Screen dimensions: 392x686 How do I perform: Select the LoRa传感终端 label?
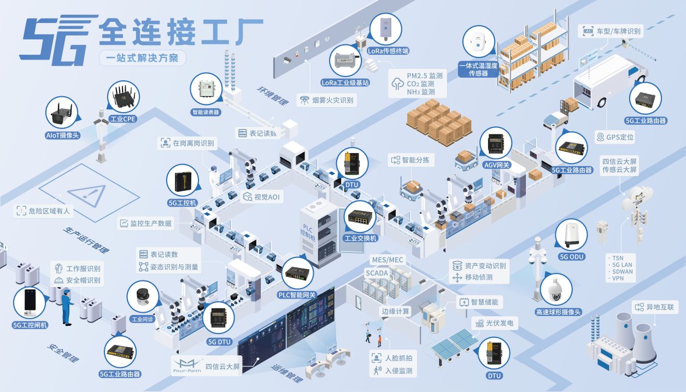pos(388,51)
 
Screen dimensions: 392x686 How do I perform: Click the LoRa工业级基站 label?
pos(345,83)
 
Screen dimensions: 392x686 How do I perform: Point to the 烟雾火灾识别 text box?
pos(327,100)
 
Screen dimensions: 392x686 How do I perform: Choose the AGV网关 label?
pos(496,165)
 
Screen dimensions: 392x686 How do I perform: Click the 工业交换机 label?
pos(361,238)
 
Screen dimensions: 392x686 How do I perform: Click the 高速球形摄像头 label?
pos(558,312)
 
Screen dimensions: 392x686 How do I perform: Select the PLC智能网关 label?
pos(297,295)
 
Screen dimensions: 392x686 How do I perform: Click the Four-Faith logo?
pos(186,365)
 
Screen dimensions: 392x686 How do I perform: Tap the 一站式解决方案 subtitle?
pos(142,58)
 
